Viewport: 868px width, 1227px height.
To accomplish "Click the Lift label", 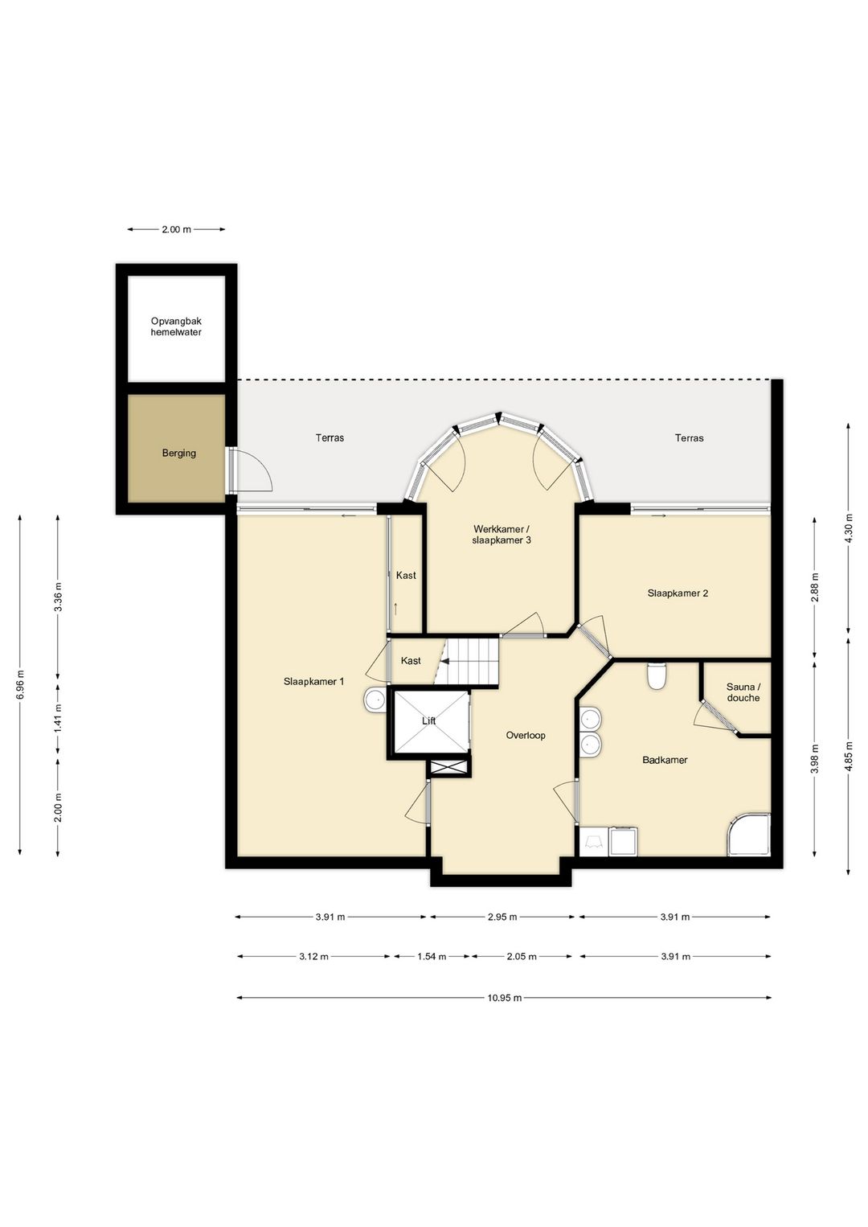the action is click(x=429, y=721).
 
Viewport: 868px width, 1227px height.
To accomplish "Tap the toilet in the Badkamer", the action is click(x=656, y=676).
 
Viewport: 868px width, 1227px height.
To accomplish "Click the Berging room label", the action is click(x=179, y=453).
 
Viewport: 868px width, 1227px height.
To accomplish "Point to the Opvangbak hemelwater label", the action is click(x=176, y=327).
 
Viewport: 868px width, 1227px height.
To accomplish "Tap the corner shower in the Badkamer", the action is click(x=748, y=835).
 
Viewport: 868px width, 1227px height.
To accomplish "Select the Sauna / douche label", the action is click(x=743, y=692).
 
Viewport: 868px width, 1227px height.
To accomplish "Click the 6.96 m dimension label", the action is click(x=20, y=685).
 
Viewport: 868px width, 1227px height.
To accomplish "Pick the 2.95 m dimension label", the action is click(x=502, y=917).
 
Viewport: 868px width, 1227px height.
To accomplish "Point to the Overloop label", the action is click(x=526, y=735).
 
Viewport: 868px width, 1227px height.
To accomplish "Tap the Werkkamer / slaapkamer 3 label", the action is click(x=502, y=535).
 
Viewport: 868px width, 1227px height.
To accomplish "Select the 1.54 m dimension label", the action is click(x=432, y=956).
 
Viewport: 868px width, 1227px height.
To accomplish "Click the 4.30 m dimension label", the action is click(x=850, y=528).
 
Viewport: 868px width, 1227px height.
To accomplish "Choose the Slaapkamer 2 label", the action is click(x=678, y=593).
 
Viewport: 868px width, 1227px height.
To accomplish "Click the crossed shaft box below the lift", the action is click(x=449, y=768).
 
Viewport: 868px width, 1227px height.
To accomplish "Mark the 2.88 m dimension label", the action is click(x=816, y=587).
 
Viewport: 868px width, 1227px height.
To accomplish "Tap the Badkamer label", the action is click(x=665, y=760).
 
